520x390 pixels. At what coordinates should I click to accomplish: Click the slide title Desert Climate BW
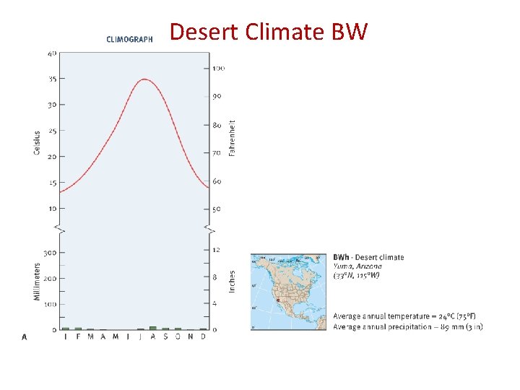(x=268, y=32)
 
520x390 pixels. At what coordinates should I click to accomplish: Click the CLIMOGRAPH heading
(x=129, y=40)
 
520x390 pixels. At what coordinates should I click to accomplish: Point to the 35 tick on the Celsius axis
(x=52, y=79)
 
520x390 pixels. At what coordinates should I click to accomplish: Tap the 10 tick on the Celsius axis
(x=52, y=209)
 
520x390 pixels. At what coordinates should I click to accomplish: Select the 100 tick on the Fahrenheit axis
(x=218, y=69)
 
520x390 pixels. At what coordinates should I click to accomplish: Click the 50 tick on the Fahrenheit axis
(x=217, y=209)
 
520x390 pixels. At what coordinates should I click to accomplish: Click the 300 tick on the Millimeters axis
(x=50, y=253)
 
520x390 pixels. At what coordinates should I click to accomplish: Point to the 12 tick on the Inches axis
(x=216, y=250)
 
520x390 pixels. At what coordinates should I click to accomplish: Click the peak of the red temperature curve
(x=145, y=79)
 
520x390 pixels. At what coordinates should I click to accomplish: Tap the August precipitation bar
(x=152, y=328)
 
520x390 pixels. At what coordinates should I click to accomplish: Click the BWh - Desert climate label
(x=368, y=257)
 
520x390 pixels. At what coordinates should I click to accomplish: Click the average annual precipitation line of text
(x=407, y=326)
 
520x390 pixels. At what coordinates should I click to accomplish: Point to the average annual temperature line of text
(x=404, y=316)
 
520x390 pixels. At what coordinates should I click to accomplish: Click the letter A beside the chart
(x=25, y=337)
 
